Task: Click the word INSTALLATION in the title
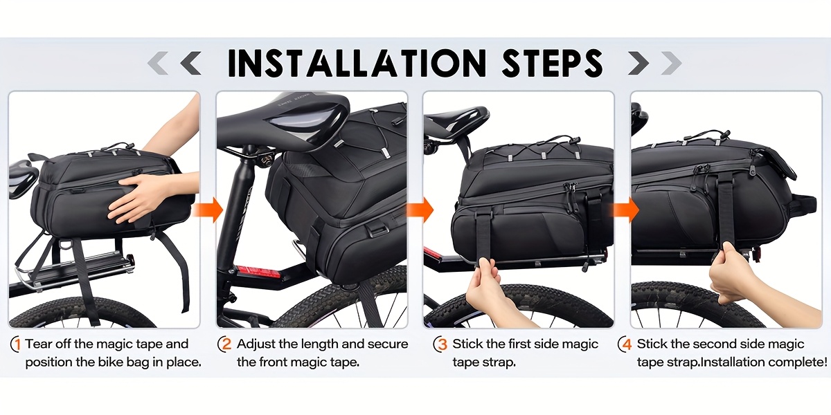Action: tap(357, 63)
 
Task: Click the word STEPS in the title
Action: tap(553, 63)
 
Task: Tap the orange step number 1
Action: tap(16, 344)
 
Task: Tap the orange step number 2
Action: tap(225, 344)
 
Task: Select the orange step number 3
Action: tap(440, 344)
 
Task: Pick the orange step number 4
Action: tap(625, 344)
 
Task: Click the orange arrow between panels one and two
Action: tap(208, 210)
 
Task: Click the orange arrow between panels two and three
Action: tap(420, 210)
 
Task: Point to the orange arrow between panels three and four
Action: tap(626, 210)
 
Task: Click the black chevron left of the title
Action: tap(190, 63)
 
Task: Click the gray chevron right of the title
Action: tap(671, 63)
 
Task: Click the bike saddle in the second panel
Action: tap(285, 122)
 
